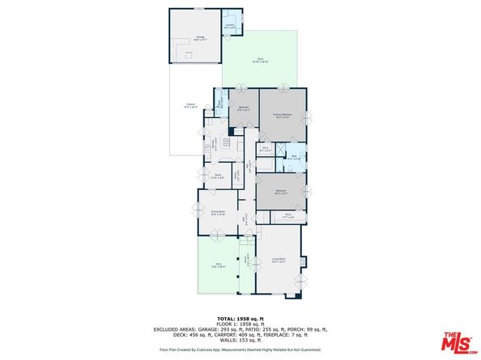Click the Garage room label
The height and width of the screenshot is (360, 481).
(x=199, y=37)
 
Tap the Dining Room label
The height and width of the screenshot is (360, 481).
(x=218, y=214)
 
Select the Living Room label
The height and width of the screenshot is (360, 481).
(x=279, y=260)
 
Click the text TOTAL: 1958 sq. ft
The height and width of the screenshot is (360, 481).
(x=240, y=318)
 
